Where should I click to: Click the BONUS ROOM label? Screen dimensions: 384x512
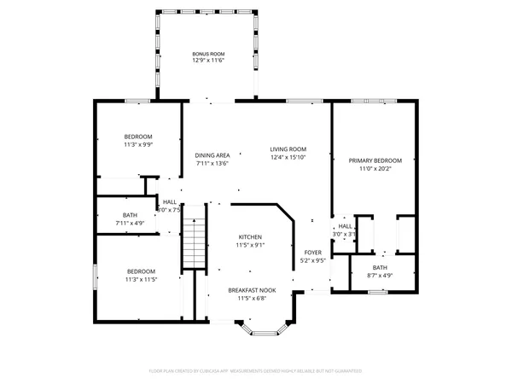click(x=208, y=54)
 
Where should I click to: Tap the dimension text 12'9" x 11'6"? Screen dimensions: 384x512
click(x=208, y=61)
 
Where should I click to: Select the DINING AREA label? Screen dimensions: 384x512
click(x=212, y=155)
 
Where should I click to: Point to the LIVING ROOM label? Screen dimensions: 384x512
click(x=288, y=148)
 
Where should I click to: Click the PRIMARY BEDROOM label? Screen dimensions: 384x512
click(x=375, y=160)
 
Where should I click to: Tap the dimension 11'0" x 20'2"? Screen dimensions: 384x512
click(x=375, y=169)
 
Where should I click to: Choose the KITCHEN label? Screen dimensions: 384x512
click(x=250, y=237)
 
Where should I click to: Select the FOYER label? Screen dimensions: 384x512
click(x=314, y=253)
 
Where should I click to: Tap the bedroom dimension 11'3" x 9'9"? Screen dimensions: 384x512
click(x=138, y=145)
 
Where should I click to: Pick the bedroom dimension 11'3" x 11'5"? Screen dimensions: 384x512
click(x=138, y=279)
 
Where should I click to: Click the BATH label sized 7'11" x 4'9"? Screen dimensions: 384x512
click(x=130, y=215)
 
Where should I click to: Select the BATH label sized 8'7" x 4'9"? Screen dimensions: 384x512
click(x=380, y=267)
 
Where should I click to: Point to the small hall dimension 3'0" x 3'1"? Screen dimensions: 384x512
click(x=345, y=234)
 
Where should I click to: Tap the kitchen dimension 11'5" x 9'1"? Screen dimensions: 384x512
click(x=250, y=246)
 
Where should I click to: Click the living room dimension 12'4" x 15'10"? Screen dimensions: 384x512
click(x=288, y=157)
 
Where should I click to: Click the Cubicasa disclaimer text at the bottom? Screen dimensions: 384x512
click(x=255, y=371)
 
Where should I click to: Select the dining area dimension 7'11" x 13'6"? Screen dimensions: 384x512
click(x=212, y=164)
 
